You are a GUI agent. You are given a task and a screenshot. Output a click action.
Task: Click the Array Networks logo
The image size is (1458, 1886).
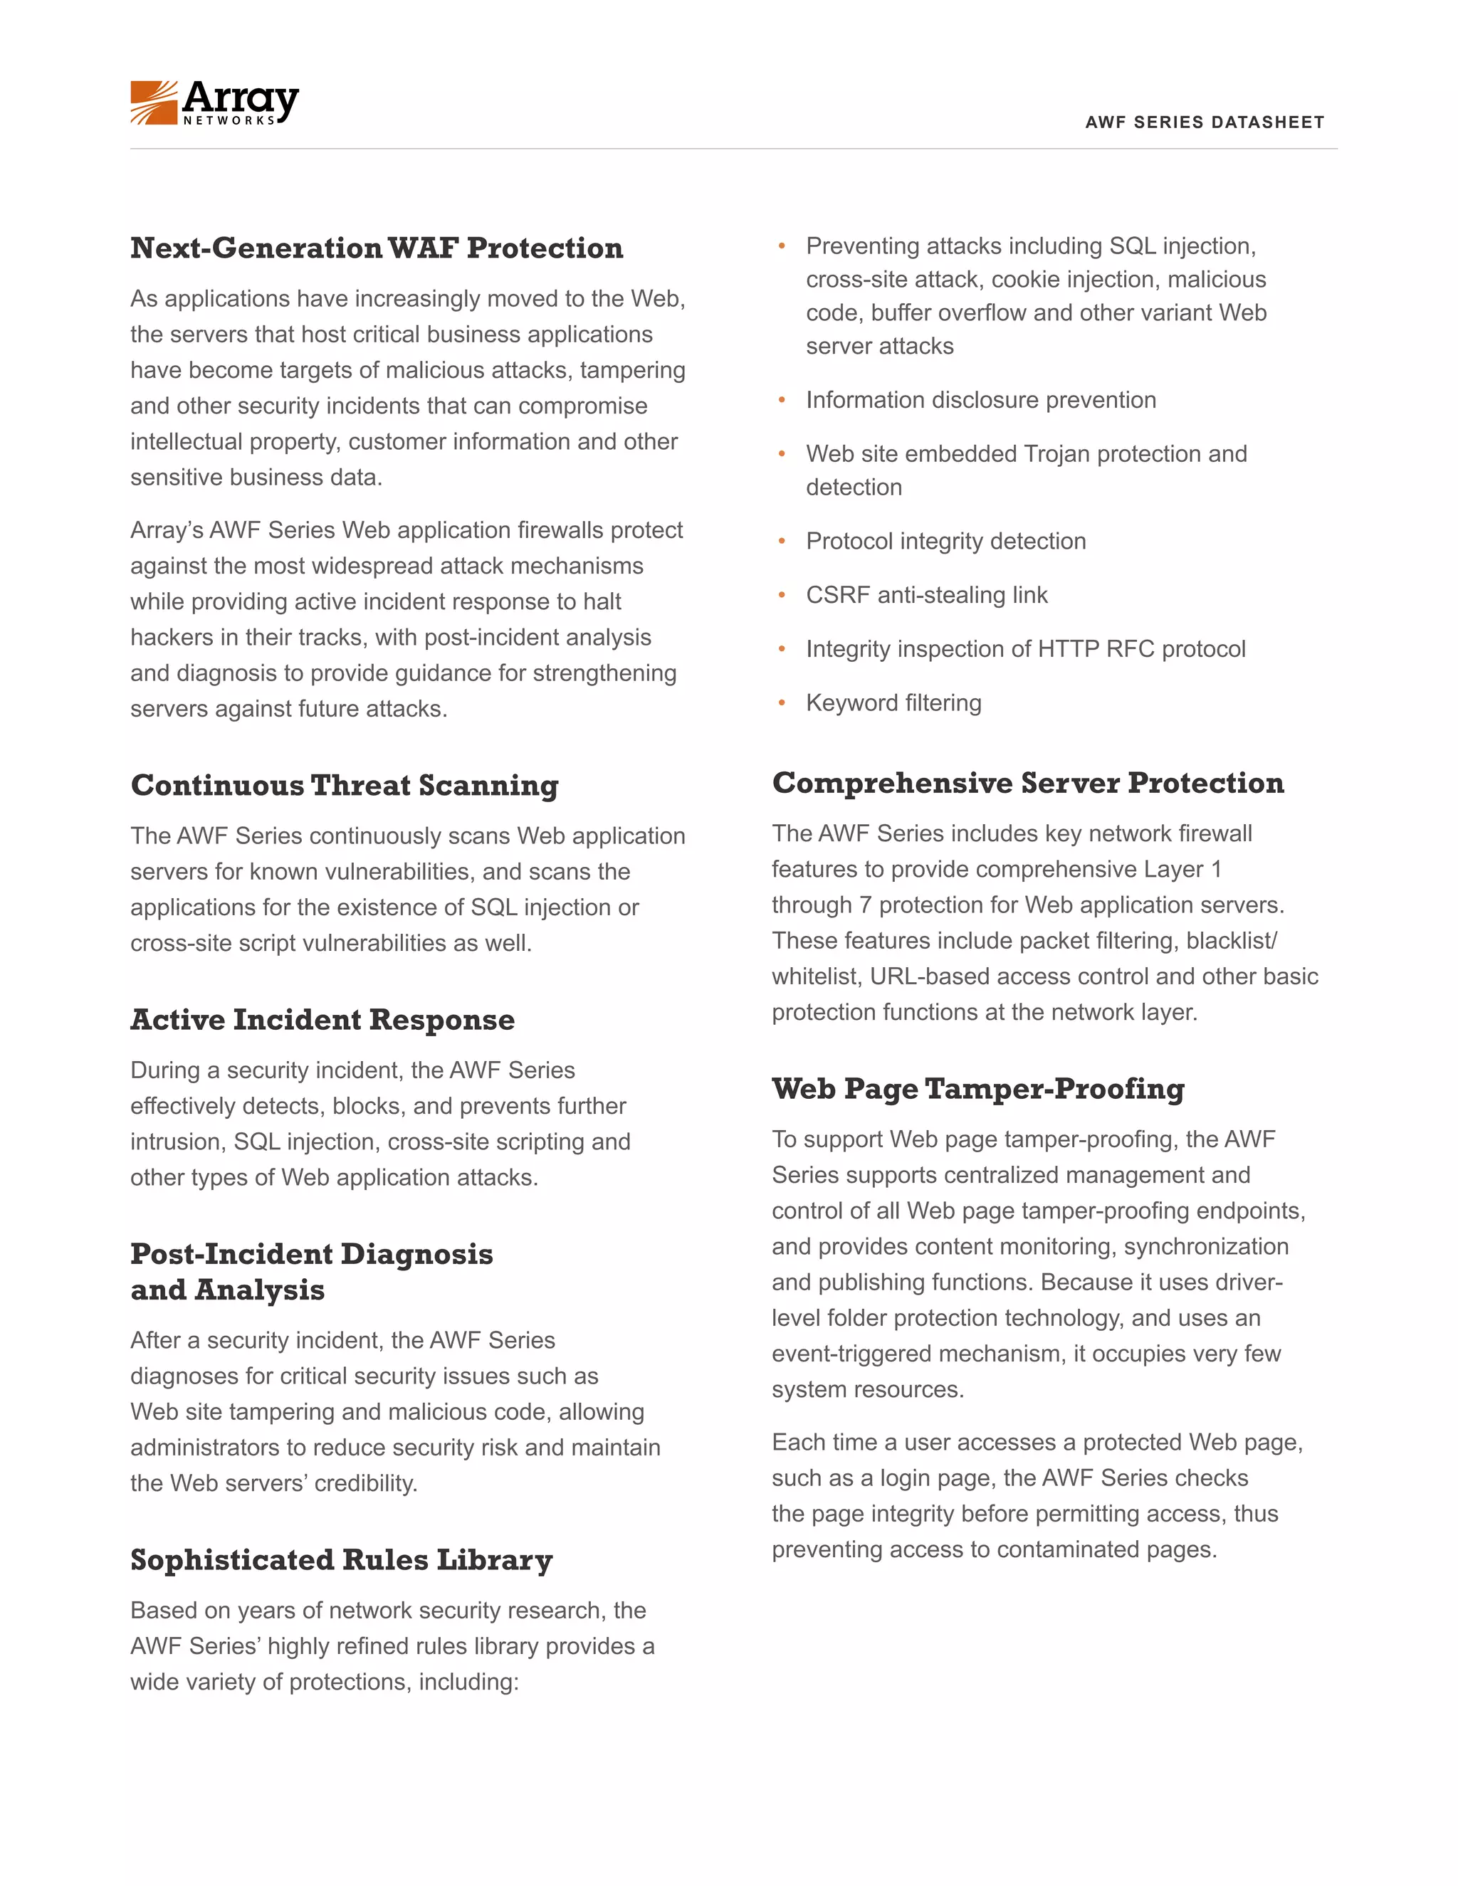214,102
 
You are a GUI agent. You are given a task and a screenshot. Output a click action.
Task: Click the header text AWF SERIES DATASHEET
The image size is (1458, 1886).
1204,122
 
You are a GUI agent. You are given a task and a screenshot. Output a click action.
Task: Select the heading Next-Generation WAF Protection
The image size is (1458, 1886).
377,248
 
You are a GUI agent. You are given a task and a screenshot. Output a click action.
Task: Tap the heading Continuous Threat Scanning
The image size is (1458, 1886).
345,786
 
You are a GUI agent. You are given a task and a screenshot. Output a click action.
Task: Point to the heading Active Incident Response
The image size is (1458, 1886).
322,1020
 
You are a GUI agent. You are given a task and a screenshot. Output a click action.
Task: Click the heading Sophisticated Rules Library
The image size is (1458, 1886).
341,1561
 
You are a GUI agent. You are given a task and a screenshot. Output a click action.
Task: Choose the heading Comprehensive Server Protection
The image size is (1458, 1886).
1028,784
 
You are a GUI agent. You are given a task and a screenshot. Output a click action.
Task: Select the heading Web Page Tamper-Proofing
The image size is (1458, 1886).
977,1089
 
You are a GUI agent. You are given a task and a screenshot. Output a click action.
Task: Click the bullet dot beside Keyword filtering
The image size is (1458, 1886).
782,704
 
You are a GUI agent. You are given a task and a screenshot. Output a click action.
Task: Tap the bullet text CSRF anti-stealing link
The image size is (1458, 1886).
926,596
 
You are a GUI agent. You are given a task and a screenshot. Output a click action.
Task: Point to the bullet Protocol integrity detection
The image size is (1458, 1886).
946,542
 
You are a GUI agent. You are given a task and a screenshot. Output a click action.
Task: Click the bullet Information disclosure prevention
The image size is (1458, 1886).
980,401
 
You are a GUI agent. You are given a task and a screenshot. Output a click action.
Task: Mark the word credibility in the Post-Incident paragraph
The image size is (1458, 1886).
365,1484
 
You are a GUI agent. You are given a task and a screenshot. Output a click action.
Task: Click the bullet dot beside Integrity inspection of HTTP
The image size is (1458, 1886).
782,649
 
